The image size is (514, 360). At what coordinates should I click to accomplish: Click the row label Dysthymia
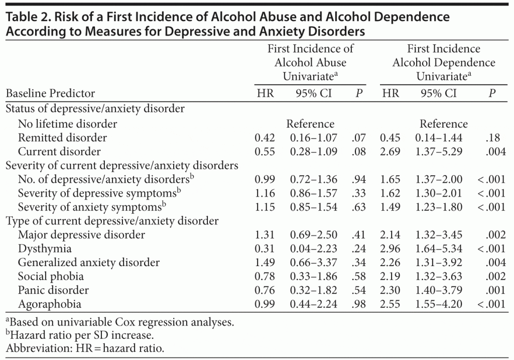(x=45, y=249)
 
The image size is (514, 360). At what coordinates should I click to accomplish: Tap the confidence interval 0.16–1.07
(x=313, y=138)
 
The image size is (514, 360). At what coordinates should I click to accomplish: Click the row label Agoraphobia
(x=49, y=304)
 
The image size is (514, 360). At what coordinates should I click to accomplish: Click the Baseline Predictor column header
(x=50, y=93)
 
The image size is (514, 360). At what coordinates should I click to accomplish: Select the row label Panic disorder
(x=53, y=290)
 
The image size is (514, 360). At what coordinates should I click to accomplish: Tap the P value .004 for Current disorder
(x=495, y=151)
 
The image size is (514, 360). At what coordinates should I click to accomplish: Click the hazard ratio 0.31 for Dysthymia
(x=265, y=249)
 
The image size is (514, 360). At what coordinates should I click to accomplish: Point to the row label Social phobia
(x=51, y=276)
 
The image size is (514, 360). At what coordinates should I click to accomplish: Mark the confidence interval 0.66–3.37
(x=313, y=262)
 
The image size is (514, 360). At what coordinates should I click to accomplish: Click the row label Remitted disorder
(x=62, y=138)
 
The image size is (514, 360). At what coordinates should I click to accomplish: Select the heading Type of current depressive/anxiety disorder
(x=112, y=220)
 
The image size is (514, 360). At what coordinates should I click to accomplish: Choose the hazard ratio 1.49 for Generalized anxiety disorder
(x=265, y=262)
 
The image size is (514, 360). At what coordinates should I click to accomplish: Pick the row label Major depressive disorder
(x=81, y=234)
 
